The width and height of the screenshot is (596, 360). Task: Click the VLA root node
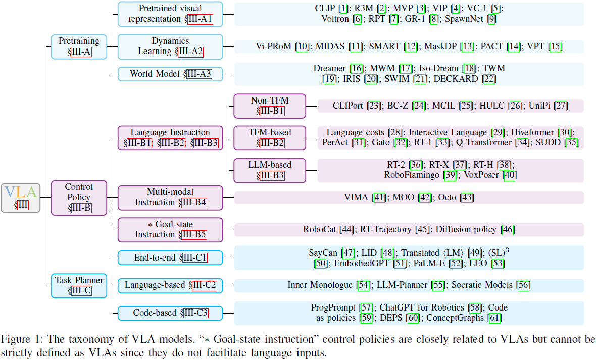(x=20, y=197)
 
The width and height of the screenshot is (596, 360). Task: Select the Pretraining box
(x=79, y=46)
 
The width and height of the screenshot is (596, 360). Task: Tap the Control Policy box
(x=79, y=197)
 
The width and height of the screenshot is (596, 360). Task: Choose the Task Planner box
(x=79, y=285)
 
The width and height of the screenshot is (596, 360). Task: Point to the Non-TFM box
(x=269, y=106)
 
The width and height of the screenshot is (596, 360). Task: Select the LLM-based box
(x=269, y=170)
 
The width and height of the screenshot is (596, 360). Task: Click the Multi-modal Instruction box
(x=170, y=197)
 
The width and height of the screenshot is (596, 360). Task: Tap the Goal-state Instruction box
(x=170, y=230)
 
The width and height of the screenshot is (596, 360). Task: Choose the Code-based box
(x=170, y=313)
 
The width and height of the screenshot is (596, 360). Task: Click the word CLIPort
(x=349, y=106)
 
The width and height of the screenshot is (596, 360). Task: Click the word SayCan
(x=324, y=252)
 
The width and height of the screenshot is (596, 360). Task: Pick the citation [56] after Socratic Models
(x=523, y=285)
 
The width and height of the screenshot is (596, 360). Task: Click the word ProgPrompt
(x=334, y=307)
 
